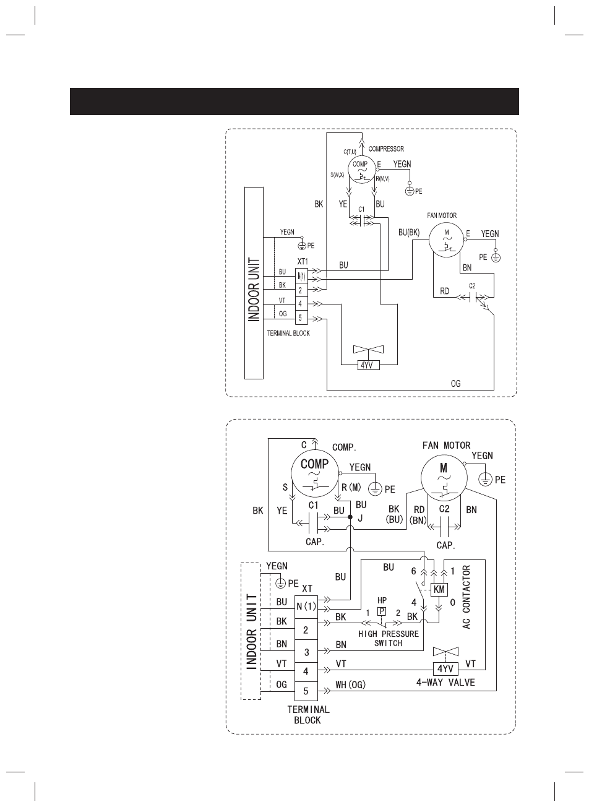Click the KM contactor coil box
[x=439, y=590]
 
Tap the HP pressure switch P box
[x=382, y=611]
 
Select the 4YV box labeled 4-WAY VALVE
[x=445, y=669]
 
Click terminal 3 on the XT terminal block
[x=306, y=652]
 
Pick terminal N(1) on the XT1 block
[x=301, y=276]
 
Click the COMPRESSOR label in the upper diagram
[x=386, y=149]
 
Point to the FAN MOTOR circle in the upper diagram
[x=446, y=240]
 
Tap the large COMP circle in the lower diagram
[x=315, y=473]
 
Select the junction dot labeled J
[x=350, y=517]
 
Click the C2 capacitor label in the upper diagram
[x=472, y=286]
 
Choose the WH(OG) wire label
[x=350, y=684]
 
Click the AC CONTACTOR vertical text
[x=466, y=597]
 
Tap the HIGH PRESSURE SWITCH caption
[x=389, y=639]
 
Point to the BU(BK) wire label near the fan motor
[x=409, y=233]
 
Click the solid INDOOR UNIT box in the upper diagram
[x=254, y=283]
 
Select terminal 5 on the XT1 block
[x=301, y=318]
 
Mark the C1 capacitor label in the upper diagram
[x=361, y=209]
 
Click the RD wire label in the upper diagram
[x=445, y=291]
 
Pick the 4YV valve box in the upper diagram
[x=367, y=365]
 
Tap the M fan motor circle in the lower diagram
[x=444, y=478]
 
